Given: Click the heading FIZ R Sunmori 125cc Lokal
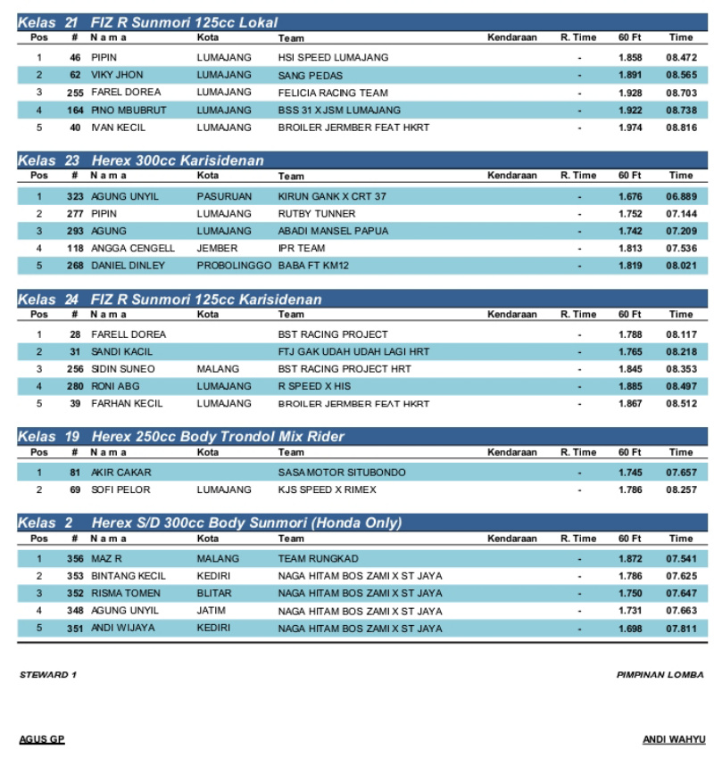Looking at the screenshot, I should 184,22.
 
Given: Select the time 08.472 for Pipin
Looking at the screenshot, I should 680,57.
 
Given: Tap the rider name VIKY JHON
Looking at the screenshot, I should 117,75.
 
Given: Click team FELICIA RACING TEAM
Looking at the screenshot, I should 333,93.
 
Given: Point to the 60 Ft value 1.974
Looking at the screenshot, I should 630,127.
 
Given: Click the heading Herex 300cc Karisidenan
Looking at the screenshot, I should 178,160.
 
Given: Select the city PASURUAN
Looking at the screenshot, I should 224,196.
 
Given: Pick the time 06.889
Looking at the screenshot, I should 680,196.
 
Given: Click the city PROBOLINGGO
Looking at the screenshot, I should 234,266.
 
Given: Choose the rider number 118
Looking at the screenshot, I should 75,249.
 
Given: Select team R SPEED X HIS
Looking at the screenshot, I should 314,387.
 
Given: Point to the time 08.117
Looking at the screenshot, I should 680,334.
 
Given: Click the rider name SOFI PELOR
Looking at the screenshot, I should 120,490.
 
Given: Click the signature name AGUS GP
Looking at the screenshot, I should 42,740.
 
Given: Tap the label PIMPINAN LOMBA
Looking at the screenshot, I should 660,675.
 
